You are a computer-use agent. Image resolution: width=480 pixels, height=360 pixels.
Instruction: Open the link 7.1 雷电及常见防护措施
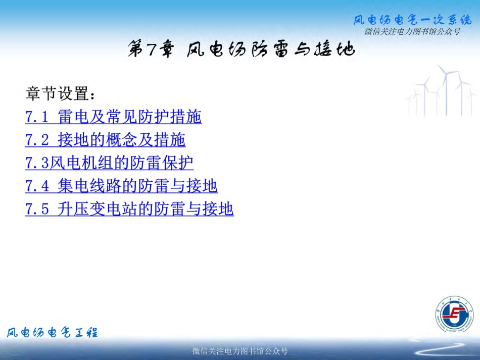pyautogui.click(x=113, y=117)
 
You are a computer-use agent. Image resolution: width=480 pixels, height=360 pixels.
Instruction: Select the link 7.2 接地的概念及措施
pyautogui.click(x=105, y=140)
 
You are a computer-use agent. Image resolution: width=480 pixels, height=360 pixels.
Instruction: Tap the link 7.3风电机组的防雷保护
pyautogui.click(x=109, y=163)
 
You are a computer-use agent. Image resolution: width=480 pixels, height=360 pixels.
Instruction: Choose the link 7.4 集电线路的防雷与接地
pyautogui.click(x=121, y=186)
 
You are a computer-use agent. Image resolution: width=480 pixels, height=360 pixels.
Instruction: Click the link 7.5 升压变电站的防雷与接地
pyautogui.click(x=129, y=209)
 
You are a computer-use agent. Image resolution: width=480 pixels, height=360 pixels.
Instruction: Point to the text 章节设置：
pyautogui.click(x=60, y=94)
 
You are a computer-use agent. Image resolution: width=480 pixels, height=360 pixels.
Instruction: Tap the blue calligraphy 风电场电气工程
pyautogui.click(x=52, y=332)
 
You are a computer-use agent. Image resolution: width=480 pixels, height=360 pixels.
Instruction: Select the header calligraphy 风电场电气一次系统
pyautogui.click(x=412, y=21)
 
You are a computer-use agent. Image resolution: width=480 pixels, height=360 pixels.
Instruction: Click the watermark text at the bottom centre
pyautogui.click(x=240, y=351)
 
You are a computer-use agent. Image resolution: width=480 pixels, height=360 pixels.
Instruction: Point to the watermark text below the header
pyautogui.click(x=412, y=32)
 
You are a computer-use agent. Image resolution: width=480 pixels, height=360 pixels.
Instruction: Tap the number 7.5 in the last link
pyautogui.click(x=37, y=209)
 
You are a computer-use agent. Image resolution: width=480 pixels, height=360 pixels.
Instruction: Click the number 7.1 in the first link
pyautogui.click(x=37, y=117)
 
